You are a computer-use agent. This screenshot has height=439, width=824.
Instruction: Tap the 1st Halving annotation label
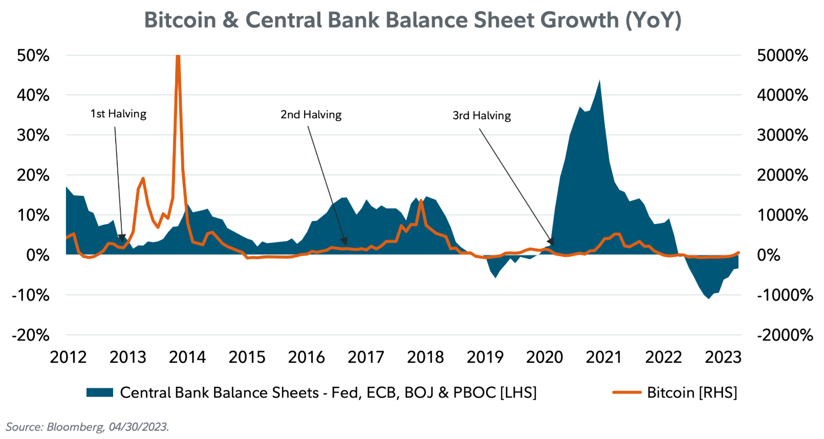pyautogui.click(x=118, y=114)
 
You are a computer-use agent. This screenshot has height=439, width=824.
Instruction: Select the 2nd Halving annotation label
pyautogui.click(x=311, y=115)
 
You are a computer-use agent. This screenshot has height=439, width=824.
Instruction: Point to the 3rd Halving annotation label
pyautogui.click(x=482, y=116)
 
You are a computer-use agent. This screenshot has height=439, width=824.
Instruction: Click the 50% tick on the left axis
pyautogui.click(x=33, y=55)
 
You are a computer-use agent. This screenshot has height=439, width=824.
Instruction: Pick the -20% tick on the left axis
pyautogui.click(x=31, y=335)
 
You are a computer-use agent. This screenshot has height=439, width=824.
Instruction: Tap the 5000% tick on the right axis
pyautogui.click(x=782, y=55)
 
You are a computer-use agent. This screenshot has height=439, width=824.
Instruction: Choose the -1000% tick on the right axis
pyautogui.click(x=785, y=295)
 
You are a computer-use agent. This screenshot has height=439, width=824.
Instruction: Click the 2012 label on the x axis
pyautogui.click(x=68, y=357)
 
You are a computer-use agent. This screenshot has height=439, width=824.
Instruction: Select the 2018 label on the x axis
pyautogui.click(x=425, y=357)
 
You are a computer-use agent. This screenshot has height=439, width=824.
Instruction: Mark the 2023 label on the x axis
pyautogui.click(x=723, y=357)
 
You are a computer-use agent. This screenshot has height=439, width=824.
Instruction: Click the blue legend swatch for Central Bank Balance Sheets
pyautogui.click(x=99, y=392)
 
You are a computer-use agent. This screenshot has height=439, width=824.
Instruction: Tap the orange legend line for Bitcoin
pyautogui.click(x=626, y=392)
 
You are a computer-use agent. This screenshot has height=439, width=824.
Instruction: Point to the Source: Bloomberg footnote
pyautogui.click(x=87, y=427)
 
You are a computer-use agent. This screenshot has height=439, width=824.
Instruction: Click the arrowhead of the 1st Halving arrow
pyautogui.click(x=122, y=238)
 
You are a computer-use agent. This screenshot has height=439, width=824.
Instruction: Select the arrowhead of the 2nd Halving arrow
pyautogui.click(x=344, y=242)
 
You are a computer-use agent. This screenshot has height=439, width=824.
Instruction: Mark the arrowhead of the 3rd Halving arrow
pyautogui.click(x=551, y=242)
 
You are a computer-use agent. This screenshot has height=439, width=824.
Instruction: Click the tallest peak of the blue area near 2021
pyautogui.click(x=599, y=80)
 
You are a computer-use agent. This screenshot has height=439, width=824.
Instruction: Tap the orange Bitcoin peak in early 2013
pyautogui.click(x=143, y=178)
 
